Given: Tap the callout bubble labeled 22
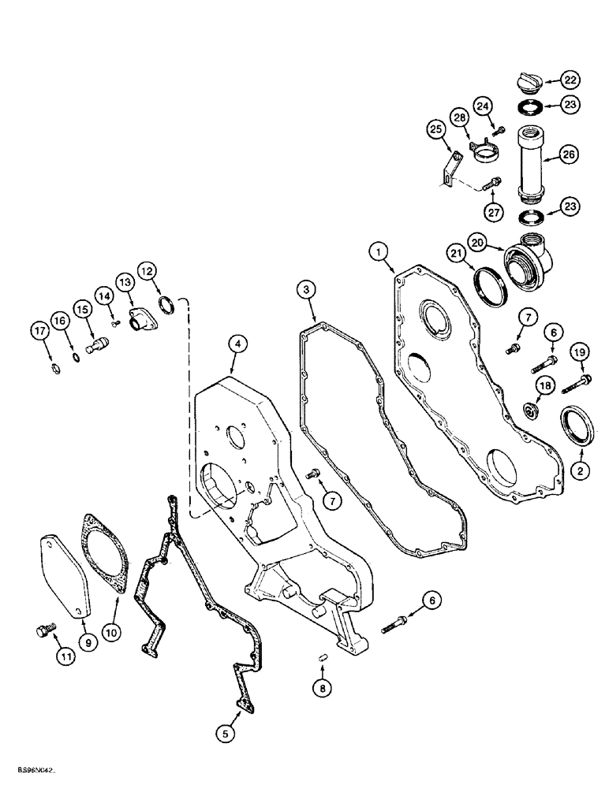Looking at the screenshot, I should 570,79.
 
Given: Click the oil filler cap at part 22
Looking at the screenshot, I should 526,82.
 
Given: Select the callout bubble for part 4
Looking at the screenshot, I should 235,344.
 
